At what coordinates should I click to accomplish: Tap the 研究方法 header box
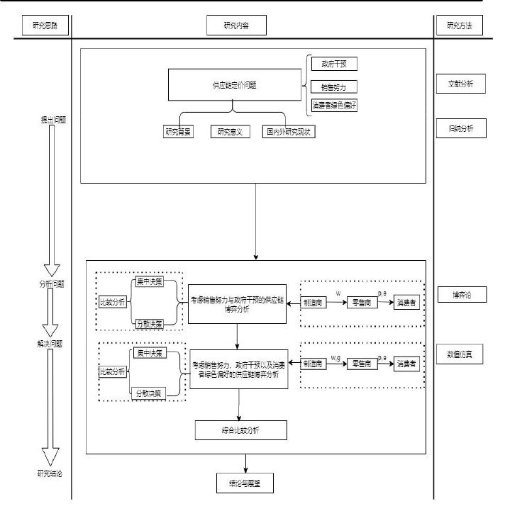460,26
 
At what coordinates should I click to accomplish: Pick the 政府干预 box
333,64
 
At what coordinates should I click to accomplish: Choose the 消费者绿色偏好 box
333,106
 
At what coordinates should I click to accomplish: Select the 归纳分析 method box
460,128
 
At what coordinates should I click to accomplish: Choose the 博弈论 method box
460,294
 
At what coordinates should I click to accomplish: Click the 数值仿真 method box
460,354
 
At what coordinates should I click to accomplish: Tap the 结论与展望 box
245,483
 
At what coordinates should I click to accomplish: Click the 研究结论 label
49,473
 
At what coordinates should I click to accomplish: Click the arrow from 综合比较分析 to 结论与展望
245,463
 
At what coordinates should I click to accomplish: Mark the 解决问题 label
49,344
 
